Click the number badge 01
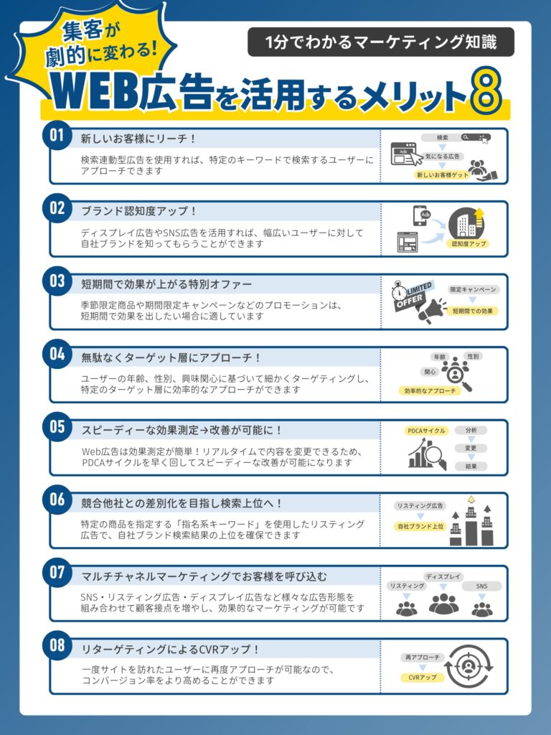coord(57,136)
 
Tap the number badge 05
coord(57,427)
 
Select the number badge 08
coord(57,645)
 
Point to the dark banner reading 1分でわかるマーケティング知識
coord(380,42)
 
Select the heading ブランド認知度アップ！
coord(138,212)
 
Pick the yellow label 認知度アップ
coord(468,244)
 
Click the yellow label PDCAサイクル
coord(426,431)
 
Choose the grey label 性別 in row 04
coord(473,356)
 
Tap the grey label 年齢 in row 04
coord(440,357)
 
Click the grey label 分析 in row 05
coord(471,431)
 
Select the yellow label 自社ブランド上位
coord(420,526)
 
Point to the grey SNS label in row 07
coord(481,586)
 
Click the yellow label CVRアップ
coord(422,678)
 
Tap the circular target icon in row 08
coord(468,666)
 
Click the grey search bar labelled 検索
coord(456,137)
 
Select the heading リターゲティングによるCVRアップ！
coord(170,649)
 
